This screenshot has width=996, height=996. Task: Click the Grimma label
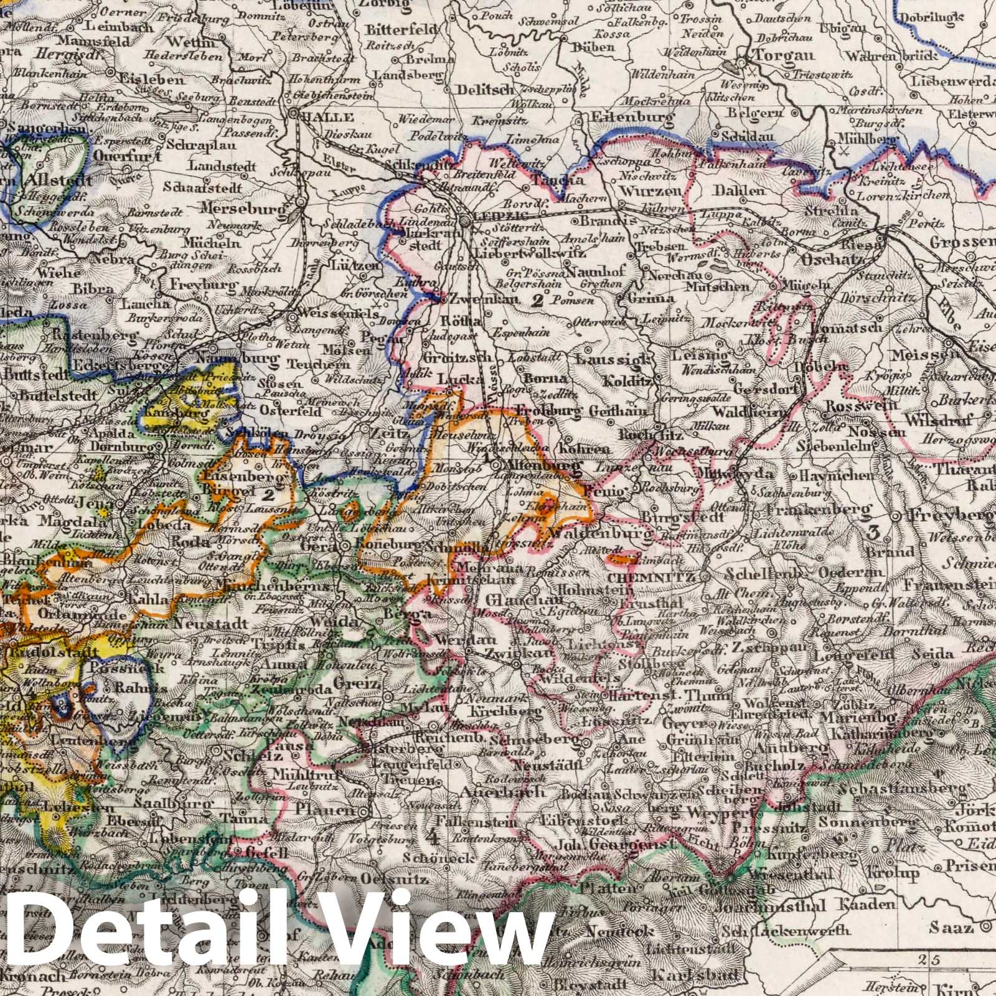(651, 298)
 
